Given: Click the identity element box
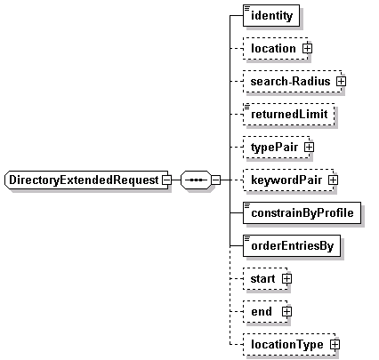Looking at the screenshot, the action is pos(271,15).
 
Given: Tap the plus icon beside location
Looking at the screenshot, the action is pos(307,48).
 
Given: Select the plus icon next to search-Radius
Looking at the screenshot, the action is pos(341,81).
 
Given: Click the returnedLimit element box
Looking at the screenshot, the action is pos(289,114).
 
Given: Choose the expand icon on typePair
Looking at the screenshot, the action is pos(309,147).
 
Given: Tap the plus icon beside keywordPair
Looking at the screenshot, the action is pos(334,180).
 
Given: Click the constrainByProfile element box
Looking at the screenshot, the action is pos(302,212).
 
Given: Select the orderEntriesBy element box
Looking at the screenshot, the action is pos(292,245).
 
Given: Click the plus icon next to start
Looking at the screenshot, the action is pos(286,278).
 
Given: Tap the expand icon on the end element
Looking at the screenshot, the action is pos(286,311).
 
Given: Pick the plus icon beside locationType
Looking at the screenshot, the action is pos(335,344).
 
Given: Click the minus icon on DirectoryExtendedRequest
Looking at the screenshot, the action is pos(167,180).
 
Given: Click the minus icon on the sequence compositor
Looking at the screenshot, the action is pos(215,180).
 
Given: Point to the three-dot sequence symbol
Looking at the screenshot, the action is pos(196,180).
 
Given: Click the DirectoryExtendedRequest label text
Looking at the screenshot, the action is pos(84,180).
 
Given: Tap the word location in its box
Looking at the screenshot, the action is pos(273,48).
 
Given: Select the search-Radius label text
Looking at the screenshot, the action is pos(290,81).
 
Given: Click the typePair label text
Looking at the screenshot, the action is pos(274,148).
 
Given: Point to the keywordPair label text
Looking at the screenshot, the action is pos(286,180).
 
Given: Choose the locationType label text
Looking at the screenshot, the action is pos(287,345).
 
